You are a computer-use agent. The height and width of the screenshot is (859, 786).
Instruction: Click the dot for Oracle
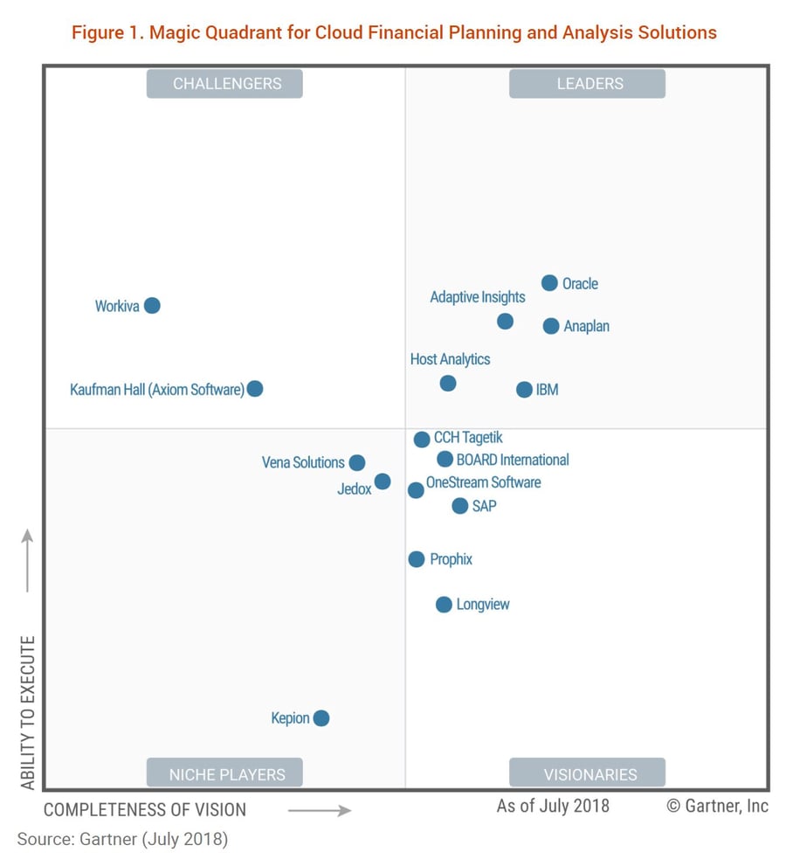point(549,282)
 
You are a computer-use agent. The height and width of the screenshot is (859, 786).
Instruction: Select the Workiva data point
point(152,305)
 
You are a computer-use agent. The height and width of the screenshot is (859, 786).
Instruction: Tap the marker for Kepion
point(321,718)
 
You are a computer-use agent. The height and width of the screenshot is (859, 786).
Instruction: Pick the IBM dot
point(524,390)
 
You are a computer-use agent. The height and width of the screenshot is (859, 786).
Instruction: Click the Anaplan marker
point(551,326)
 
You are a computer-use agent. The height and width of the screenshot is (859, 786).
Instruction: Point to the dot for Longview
point(444,605)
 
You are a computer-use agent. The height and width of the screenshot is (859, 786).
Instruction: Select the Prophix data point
point(417,559)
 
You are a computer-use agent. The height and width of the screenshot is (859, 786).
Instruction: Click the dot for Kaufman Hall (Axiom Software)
point(255,389)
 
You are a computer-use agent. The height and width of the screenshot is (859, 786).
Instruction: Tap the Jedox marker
point(383,481)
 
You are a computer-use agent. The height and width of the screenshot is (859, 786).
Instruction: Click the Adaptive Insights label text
point(478,297)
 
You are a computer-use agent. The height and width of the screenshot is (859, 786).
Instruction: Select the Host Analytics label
point(450,359)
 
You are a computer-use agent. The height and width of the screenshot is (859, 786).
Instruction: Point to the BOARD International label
point(513,460)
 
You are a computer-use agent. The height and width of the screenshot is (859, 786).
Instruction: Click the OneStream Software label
point(483,482)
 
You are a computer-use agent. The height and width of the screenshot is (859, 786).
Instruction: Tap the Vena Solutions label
point(303,462)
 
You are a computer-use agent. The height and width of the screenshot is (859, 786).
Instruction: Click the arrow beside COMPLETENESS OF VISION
point(319,810)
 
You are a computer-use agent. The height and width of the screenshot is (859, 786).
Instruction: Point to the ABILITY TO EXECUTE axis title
point(28,712)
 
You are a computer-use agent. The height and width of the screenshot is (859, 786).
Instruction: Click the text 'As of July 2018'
point(553,806)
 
